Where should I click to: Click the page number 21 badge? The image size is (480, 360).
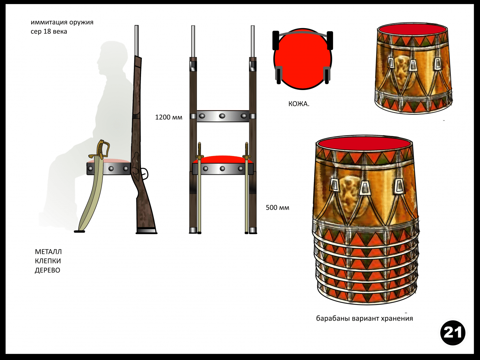pos(453,333)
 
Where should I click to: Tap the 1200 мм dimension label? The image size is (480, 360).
pos(169,117)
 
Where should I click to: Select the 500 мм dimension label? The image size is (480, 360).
pos(277,207)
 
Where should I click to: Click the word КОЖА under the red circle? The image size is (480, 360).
pos(298,104)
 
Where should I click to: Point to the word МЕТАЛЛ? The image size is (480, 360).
pos(48,252)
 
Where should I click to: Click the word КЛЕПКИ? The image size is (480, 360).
pos(48,261)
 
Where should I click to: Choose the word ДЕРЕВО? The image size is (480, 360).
pos(48,270)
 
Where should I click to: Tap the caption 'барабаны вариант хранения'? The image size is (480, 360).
pos(364,318)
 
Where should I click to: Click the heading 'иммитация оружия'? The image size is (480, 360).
pos(62,22)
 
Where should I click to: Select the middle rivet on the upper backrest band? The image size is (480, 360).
pos(222,116)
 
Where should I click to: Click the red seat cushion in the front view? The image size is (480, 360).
pos(223,160)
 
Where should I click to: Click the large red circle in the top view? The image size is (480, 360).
pos(303,59)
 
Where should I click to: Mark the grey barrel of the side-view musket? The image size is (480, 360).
pos(136,41)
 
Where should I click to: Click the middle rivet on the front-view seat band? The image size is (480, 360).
pos(222,168)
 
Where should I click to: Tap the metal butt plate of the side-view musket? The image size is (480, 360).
pos(146,231)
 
